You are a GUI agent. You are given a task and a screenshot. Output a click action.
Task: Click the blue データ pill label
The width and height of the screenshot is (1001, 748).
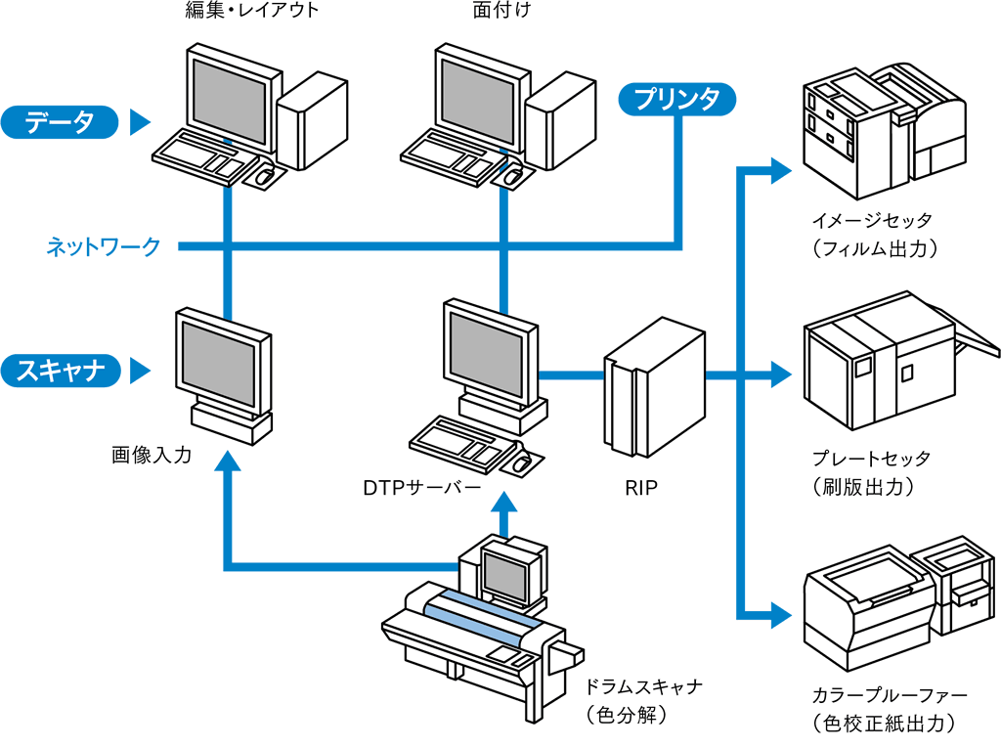59,122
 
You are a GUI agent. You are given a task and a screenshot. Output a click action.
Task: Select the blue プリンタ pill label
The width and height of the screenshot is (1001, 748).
676,99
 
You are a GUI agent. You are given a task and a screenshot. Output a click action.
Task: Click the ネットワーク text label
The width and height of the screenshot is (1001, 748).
104,246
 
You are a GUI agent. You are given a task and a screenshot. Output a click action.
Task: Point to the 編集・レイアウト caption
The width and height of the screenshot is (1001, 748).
252,12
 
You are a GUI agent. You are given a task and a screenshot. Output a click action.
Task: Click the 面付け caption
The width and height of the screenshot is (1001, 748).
500,12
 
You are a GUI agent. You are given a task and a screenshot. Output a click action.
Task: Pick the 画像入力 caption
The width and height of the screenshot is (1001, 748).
152,455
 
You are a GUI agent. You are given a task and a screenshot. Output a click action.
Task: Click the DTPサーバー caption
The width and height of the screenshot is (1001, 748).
421,487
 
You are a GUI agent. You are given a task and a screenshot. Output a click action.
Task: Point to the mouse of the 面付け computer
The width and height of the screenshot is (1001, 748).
512,177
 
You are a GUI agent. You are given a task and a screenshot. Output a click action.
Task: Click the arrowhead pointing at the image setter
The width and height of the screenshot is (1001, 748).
781,170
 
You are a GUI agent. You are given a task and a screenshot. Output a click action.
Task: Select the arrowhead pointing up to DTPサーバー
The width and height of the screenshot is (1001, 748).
503,503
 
